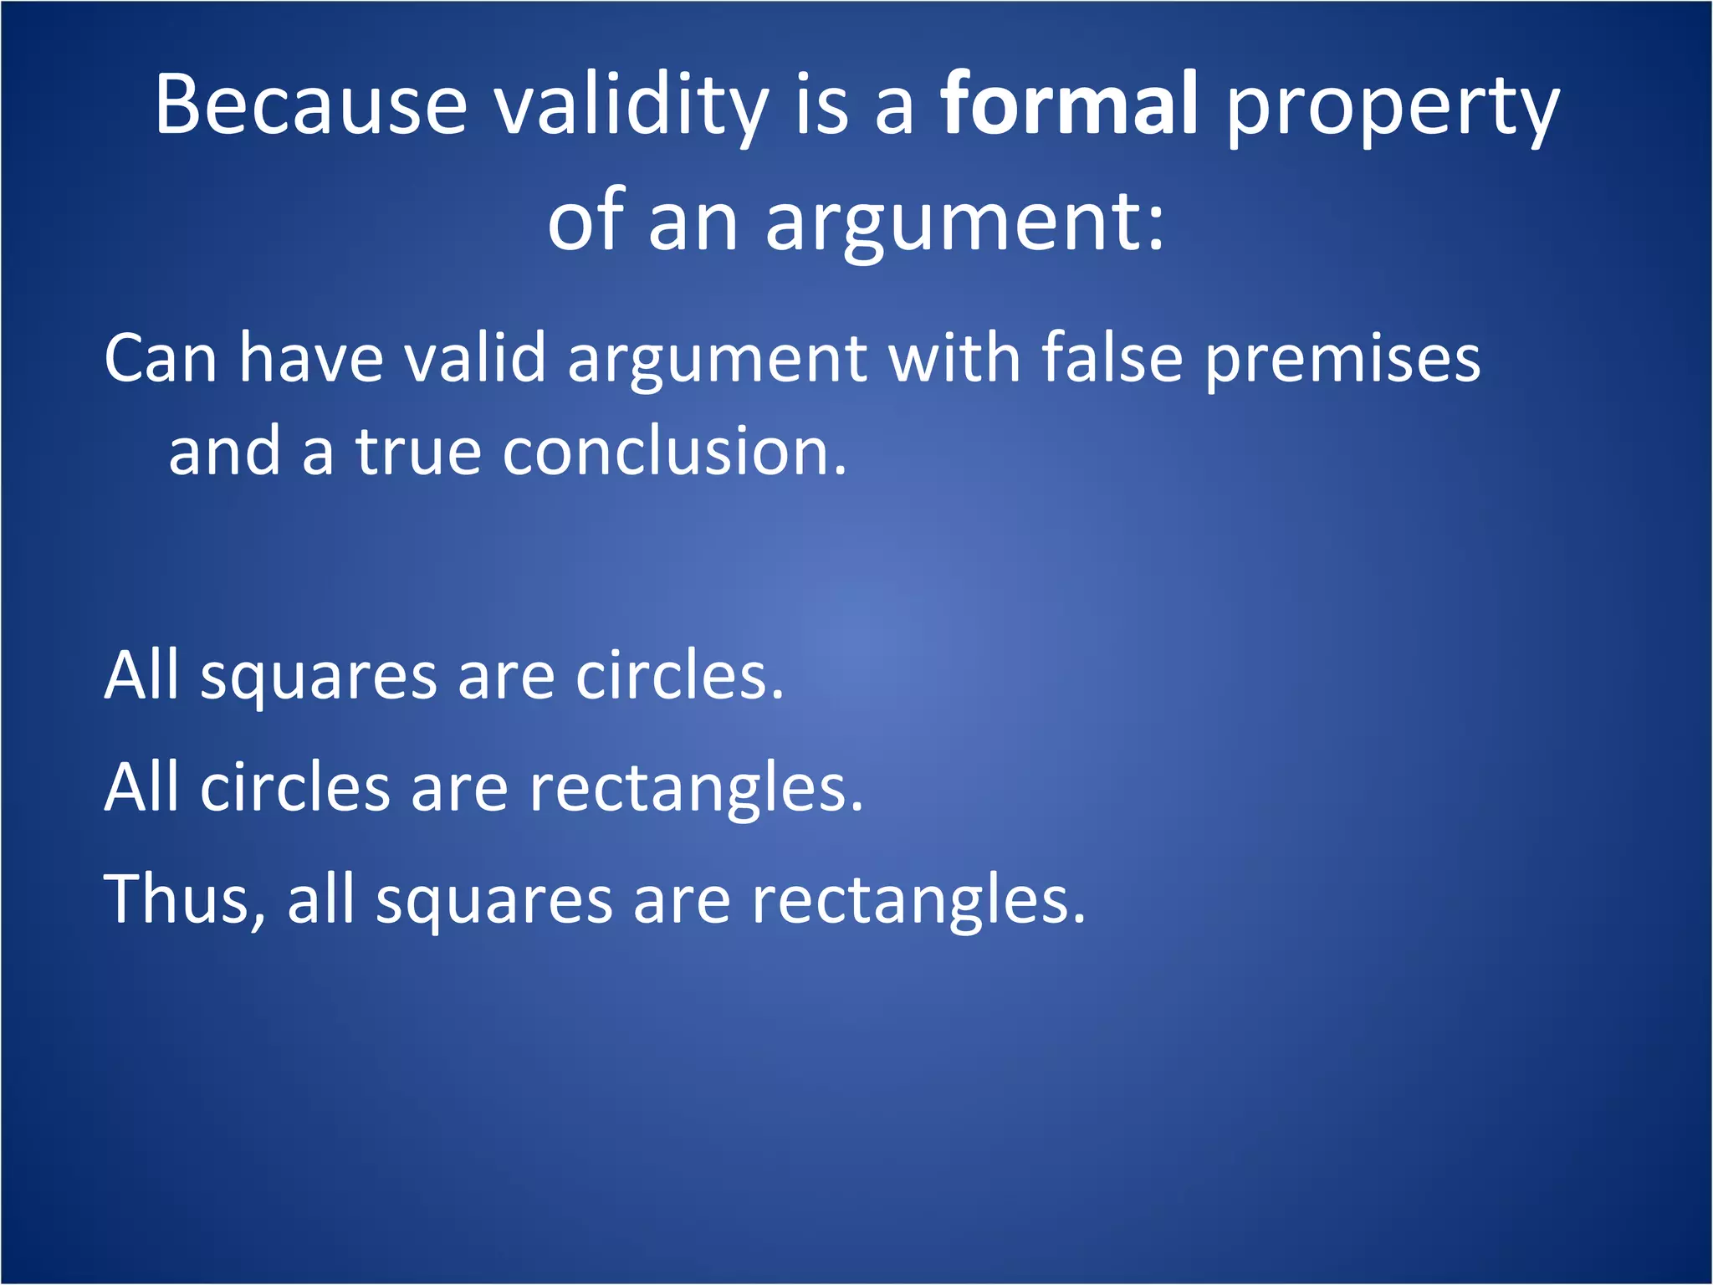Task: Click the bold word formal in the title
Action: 1069,105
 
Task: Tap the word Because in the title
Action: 310,105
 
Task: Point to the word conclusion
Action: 674,452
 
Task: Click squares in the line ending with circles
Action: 318,678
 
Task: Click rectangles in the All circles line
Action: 696,791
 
